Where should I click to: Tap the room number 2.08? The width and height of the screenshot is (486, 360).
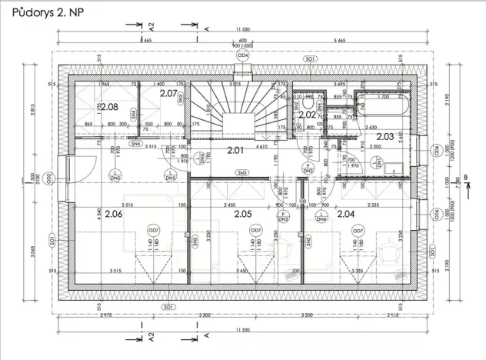point(109,107)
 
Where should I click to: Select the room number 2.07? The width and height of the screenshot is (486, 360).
point(168,93)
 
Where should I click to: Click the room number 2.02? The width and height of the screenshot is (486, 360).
point(307,114)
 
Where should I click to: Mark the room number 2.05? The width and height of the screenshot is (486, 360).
point(244,214)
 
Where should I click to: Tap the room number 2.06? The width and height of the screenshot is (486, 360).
point(114,214)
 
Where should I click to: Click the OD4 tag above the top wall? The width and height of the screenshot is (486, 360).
point(242,55)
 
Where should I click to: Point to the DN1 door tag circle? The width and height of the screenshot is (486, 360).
point(378,161)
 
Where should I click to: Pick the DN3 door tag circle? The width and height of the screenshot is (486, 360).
point(283,217)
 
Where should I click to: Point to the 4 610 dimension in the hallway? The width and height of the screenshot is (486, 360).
point(239,135)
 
